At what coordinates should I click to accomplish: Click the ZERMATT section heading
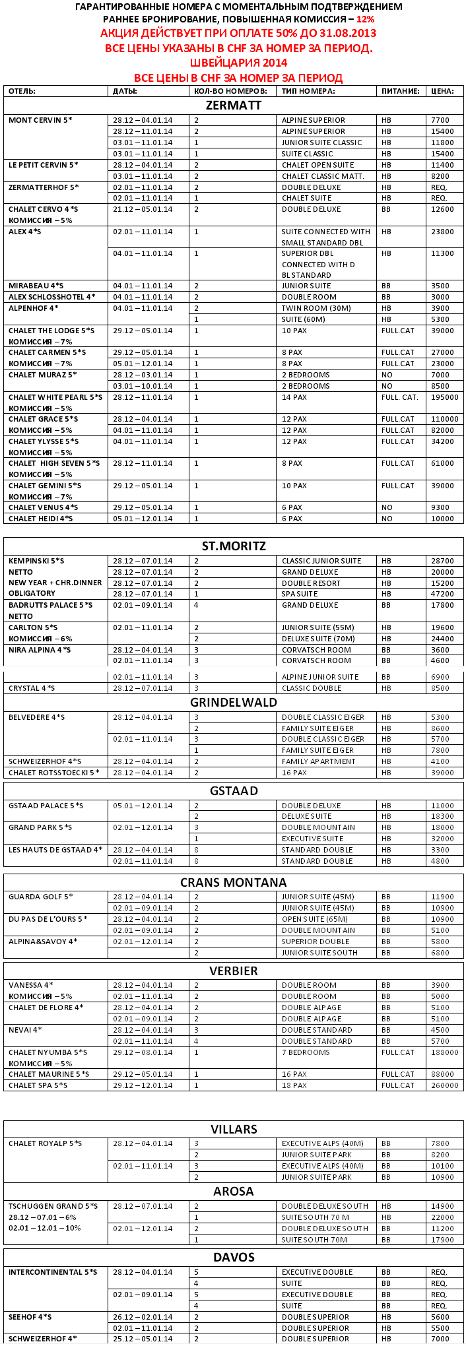pos(234,106)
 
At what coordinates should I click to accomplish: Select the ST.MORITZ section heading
pos(234,546)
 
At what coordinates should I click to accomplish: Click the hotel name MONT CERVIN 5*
pos(40,120)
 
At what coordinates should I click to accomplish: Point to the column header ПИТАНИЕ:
pos(400,91)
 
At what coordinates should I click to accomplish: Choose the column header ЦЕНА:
pos(442,91)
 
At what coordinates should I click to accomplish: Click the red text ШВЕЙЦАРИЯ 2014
pos(238,63)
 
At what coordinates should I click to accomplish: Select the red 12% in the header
pos(365,19)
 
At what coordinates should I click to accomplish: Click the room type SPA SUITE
pos(300,594)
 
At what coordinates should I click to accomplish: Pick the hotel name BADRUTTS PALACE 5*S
pos(51,605)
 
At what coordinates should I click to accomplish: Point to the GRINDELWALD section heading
pos(234,703)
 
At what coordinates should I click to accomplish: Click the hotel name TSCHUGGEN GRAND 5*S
pos(53,1206)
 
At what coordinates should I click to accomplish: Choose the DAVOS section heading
pos(234,1258)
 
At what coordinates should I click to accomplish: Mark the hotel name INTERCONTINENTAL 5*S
pos(53,1272)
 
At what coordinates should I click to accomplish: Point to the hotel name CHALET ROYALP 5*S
pos(46,1143)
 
